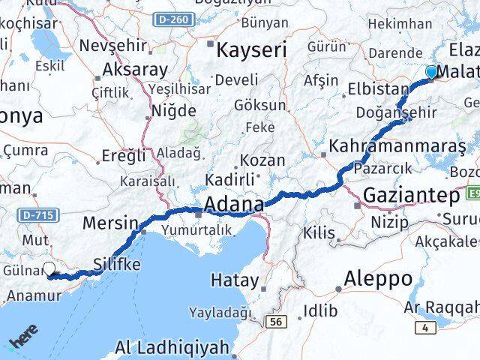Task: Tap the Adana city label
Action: (x=234, y=204)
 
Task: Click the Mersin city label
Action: (x=110, y=223)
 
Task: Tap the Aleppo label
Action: (x=377, y=279)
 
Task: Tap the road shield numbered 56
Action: (x=277, y=321)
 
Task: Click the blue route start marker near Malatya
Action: (x=431, y=72)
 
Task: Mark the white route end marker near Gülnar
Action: (x=49, y=270)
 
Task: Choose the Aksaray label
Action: (x=135, y=70)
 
